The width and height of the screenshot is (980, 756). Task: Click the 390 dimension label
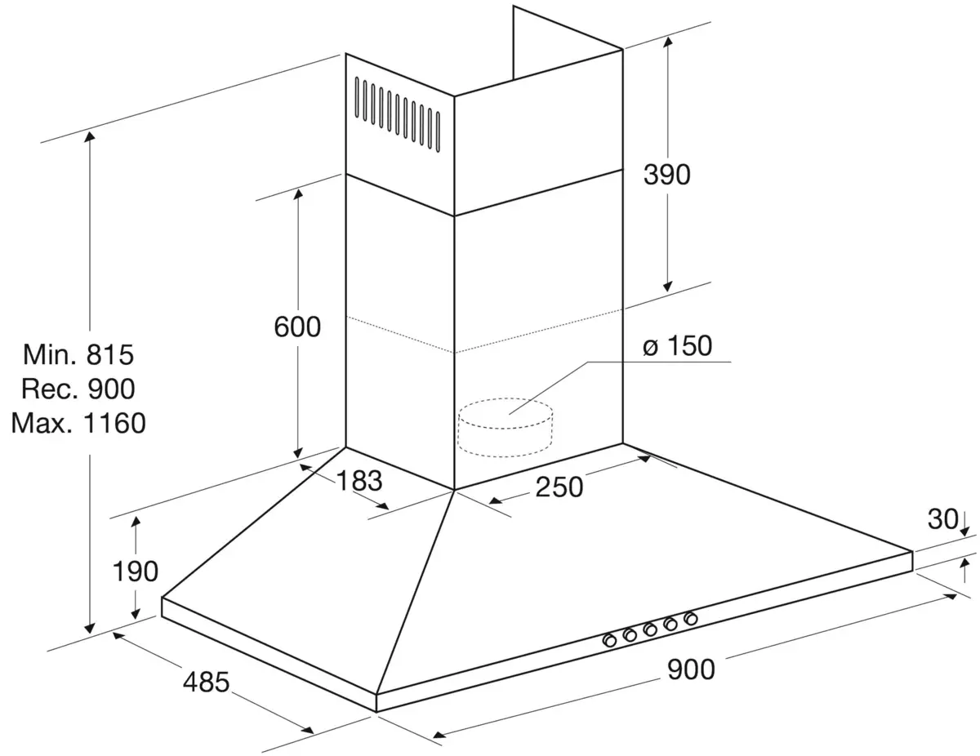667,174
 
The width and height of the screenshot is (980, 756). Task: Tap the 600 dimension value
297,327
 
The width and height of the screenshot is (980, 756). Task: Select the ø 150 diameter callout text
677,346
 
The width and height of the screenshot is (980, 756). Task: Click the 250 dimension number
560,487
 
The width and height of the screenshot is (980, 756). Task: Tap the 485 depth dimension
205,680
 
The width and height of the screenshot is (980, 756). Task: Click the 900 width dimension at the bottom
691,669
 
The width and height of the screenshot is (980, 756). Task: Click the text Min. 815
78,354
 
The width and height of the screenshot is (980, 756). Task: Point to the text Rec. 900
78,389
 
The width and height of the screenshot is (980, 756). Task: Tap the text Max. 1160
78,423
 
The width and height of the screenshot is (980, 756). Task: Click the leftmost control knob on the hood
609,640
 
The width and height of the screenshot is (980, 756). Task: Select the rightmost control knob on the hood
691,618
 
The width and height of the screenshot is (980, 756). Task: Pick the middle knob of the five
650,629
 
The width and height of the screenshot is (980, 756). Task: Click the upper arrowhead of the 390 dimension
668,47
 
